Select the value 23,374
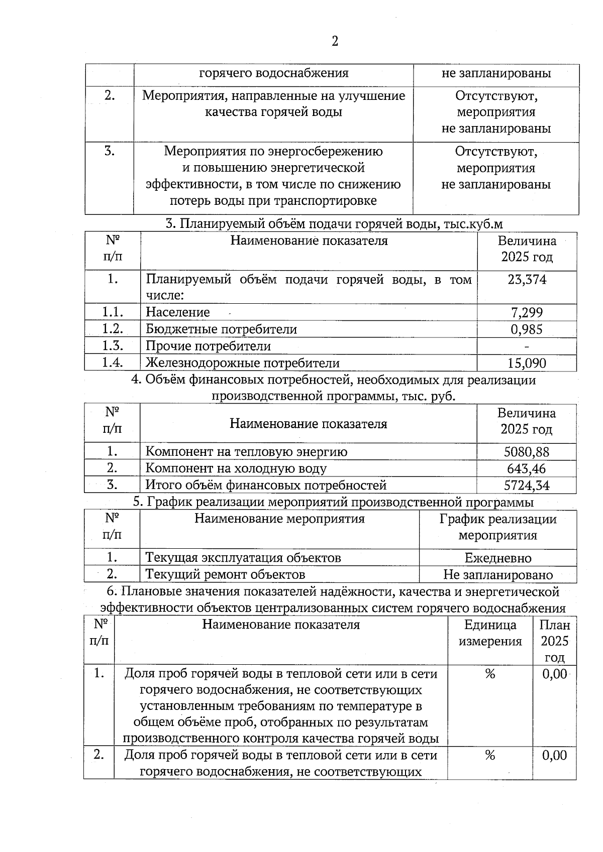[527, 280]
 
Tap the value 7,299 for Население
[527, 313]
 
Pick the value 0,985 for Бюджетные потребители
[527, 329]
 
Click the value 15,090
[527, 363]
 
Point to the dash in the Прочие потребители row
[527, 346]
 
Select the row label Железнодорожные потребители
[242, 363]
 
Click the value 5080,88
[527, 452]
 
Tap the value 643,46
[527, 469]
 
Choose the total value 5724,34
[527, 485]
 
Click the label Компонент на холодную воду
[236, 469]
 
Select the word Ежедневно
[497, 558]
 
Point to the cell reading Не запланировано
[497, 575]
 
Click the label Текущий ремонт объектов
[225, 575]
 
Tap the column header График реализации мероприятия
[497, 527]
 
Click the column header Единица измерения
[490, 633]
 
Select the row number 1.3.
[113, 346]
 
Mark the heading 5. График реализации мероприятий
[333, 502]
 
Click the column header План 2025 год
[554, 641]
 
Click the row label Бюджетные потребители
[221, 329]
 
